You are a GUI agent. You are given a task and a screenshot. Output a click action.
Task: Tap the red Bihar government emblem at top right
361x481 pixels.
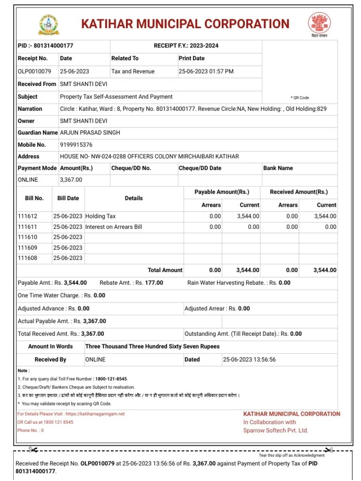(319, 23)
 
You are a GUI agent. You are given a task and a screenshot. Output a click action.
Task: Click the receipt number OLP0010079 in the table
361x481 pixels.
(34, 71)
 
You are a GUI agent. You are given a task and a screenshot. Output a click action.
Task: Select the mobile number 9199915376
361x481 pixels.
(76, 145)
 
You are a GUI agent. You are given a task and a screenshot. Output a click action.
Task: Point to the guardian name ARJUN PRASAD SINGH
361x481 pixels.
(90, 132)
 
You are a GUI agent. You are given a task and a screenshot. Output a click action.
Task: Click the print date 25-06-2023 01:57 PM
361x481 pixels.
(206, 71)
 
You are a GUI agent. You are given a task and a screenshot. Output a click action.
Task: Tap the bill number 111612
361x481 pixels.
(27, 216)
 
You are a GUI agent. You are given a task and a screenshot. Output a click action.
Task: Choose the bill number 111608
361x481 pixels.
(27, 258)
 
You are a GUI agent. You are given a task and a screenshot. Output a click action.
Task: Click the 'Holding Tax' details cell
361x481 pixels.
(100, 216)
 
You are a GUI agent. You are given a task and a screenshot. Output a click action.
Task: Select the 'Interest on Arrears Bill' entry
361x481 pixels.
(113, 226)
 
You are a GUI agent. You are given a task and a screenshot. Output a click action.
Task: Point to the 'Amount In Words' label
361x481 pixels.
(50, 346)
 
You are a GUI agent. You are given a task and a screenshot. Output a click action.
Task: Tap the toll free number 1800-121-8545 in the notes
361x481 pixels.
(110, 379)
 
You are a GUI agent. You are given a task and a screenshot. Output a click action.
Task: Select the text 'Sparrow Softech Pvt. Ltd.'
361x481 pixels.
(275, 430)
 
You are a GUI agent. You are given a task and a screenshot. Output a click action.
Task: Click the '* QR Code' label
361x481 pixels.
(300, 98)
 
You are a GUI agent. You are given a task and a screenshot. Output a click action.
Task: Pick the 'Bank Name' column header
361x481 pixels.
(278, 168)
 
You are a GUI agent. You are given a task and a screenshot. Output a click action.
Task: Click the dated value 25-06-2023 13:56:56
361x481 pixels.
(249, 359)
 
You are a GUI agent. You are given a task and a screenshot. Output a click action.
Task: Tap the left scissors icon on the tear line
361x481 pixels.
(33, 450)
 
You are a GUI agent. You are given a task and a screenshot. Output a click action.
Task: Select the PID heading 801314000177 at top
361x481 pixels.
(46, 46)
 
